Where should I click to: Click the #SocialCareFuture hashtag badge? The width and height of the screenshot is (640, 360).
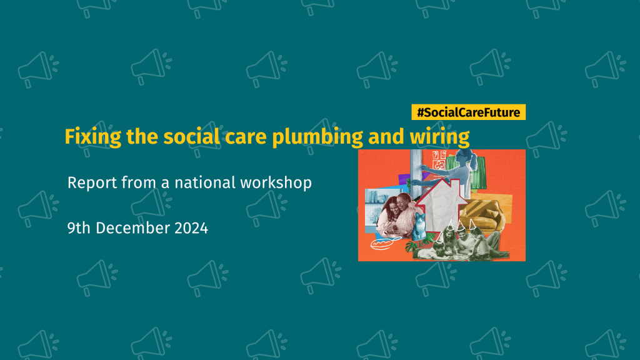coord(468,112)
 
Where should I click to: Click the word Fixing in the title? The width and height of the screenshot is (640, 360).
coord(92,137)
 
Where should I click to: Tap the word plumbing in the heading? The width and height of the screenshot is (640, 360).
coord(317,137)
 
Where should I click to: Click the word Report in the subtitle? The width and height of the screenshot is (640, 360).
coord(92,183)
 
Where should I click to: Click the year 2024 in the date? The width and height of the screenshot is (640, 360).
coord(191,228)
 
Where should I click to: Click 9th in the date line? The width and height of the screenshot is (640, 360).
coord(79,228)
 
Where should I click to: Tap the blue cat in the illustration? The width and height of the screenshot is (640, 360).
coord(419,226)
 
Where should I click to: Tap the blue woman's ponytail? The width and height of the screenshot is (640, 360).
coord(474,161)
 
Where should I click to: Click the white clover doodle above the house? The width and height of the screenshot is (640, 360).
coord(439,165)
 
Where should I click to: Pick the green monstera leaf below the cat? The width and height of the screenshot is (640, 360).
coord(414,246)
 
